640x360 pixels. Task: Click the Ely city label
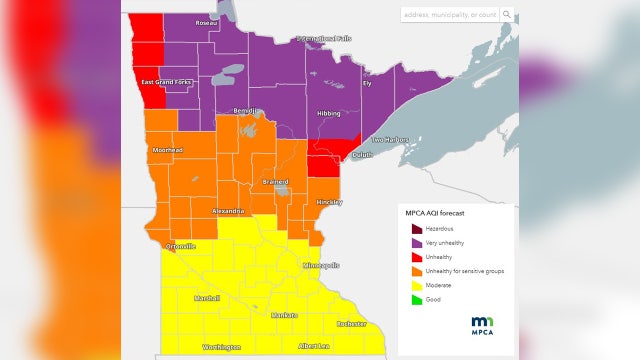point(366,83)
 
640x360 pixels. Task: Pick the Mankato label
point(285,315)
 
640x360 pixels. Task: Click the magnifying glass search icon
point(507,15)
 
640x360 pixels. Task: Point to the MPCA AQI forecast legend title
point(439,213)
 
